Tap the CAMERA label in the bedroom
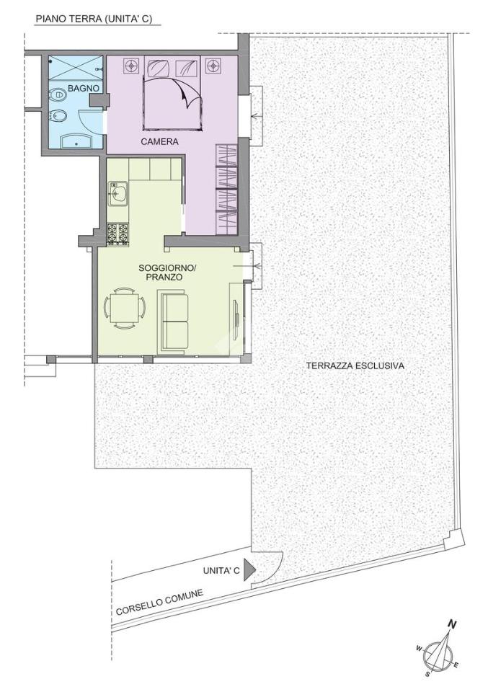(160, 142)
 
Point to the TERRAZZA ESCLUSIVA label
(355, 366)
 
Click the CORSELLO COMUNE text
(159, 603)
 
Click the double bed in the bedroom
(172, 93)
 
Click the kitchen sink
(117, 192)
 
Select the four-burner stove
(118, 234)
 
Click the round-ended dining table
(125, 308)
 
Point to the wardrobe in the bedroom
(226, 190)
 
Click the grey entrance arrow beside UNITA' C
(251, 569)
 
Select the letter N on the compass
(451, 624)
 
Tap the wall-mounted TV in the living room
(237, 314)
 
